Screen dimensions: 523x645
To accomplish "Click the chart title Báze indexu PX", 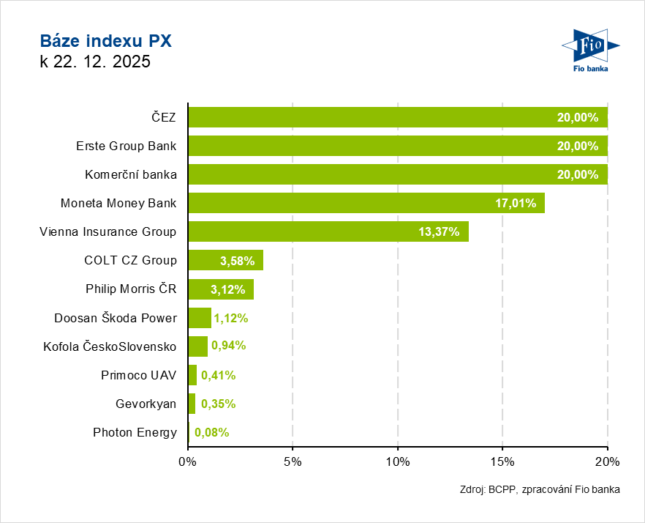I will tap(105, 40).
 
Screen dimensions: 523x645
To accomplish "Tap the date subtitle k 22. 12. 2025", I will tap(95, 62).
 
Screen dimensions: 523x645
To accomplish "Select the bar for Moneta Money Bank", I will tap(366, 203).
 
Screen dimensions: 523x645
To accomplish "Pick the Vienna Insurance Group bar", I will tap(328, 231).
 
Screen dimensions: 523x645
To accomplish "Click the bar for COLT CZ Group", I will tap(225, 260).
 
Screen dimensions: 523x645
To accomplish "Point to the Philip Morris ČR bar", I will tap(221, 289).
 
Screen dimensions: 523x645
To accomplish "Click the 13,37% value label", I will tap(439, 231).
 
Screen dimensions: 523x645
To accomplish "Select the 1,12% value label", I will tap(231, 318).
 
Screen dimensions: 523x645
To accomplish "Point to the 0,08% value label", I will tap(211, 432).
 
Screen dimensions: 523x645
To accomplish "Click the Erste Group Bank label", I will tap(126, 146).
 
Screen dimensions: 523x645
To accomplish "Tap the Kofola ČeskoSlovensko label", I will tap(110, 346).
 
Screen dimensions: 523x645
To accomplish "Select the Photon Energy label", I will tap(135, 432).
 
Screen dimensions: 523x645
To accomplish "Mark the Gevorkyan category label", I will tap(146, 404).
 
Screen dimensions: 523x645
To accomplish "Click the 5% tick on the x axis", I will tap(293, 462).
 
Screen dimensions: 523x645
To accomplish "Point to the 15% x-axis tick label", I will tap(502, 462).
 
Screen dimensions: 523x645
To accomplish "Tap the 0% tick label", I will tap(188, 462).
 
